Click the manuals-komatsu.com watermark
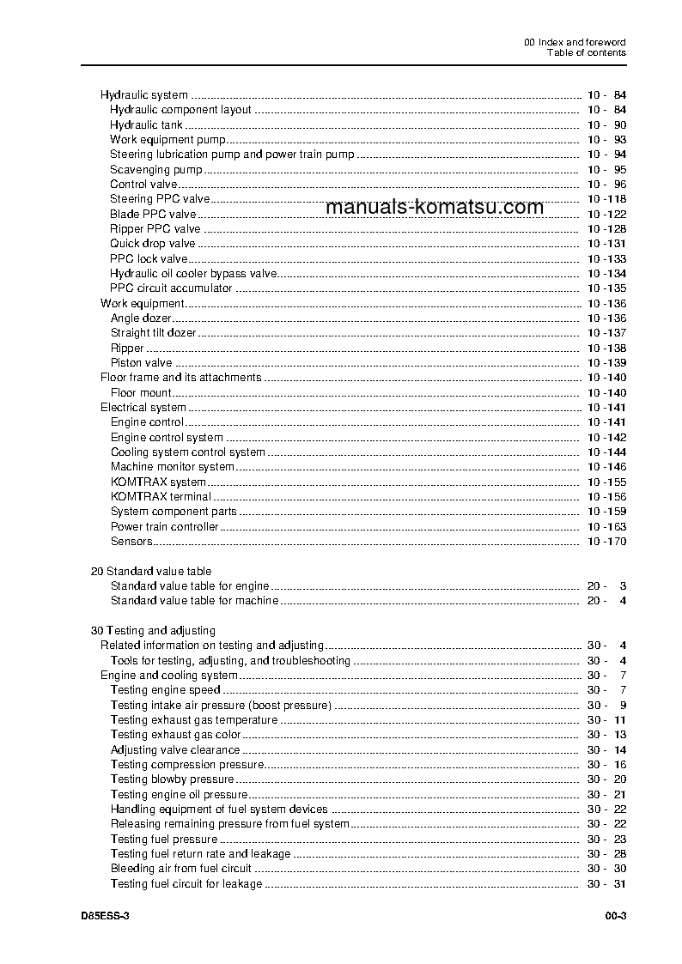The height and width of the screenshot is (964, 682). click(x=435, y=207)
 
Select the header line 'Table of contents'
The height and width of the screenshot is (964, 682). click(x=587, y=52)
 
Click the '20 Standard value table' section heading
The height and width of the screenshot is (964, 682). click(x=151, y=571)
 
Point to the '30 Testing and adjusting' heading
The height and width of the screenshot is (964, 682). click(x=153, y=631)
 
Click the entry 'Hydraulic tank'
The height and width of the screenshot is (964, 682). click(x=146, y=125)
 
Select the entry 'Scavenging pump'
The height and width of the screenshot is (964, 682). click(x=156, y=170)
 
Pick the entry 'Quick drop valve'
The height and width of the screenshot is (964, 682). click(x=153, y=244)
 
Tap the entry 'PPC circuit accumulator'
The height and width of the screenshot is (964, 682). click(x=171, y=288)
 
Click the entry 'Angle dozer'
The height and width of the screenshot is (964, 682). click(x=141, y=318)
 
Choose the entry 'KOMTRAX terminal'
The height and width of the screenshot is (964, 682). click(x=161, y=497)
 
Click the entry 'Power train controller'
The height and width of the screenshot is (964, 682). click(x=165, y=527)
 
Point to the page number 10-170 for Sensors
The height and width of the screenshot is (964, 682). click(x=606, y=542)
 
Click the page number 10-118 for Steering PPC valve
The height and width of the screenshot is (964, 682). click(x=606, y=199)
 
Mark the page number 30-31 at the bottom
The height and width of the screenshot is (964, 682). click(x=606, y=884)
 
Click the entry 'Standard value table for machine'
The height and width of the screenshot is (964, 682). click(x=194, y=601)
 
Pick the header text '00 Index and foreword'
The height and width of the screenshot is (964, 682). click(x=575, y=42)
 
